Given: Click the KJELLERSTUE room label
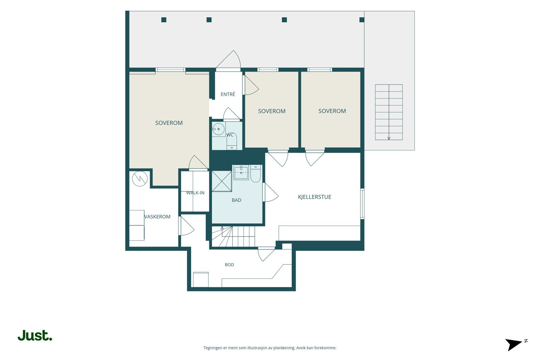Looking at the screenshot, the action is (x=314, y=197).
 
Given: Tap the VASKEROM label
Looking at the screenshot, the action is (x=157, y=217).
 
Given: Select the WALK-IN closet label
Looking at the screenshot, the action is (x=195, y=193).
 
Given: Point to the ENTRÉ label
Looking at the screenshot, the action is (x=228, y=94).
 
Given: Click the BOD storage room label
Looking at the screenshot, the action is (x=229, y=265).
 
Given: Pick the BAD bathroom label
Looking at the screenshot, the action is (x=236, y=200).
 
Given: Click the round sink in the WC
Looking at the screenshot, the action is (x=218, y=129).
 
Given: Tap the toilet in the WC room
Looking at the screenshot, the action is (x=232, y=141).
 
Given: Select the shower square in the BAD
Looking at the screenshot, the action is (x=222, y=181).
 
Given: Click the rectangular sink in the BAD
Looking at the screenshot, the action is (x=241, y=172).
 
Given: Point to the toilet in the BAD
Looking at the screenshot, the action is (x=255, y=173).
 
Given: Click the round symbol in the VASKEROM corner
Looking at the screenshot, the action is (x=140, y=178).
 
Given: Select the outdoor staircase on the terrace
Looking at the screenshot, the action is (x=389, y=112).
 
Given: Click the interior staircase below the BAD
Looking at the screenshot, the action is (x=233, y=237).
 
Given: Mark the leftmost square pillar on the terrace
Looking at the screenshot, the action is (x=164, y=20).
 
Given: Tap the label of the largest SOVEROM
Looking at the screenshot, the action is (x=169, y=123).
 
